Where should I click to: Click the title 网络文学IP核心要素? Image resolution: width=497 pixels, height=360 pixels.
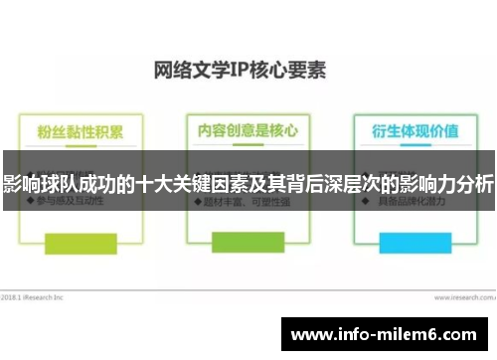241,71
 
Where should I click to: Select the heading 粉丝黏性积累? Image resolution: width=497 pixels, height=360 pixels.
81,131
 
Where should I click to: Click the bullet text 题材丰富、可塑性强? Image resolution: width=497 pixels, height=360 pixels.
237,202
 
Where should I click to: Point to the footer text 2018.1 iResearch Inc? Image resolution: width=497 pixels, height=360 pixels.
32,295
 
